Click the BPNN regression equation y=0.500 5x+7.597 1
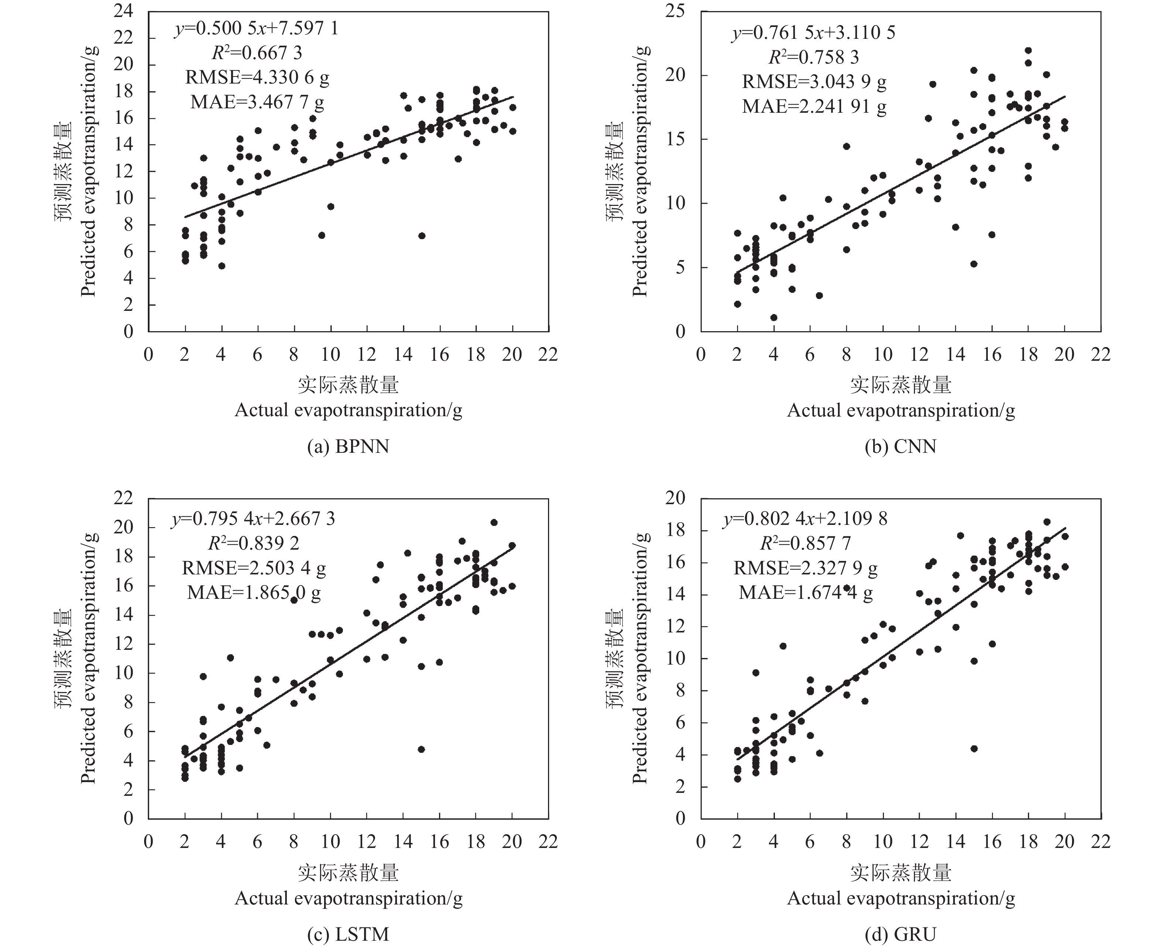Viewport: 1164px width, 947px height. tap(256, 28)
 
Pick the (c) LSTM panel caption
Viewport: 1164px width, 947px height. tap(348, 934)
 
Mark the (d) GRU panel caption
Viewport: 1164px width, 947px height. tap(900, 934)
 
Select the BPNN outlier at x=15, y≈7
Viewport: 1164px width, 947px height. tap(421, 236)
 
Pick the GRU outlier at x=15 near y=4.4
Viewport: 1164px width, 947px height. tap(974, 749)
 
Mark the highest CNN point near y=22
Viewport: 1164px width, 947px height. tap(1028, 51)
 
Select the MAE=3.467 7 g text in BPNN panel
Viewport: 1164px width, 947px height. tap(257, 102)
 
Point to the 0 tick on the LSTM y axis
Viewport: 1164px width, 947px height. tap(128, 819)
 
